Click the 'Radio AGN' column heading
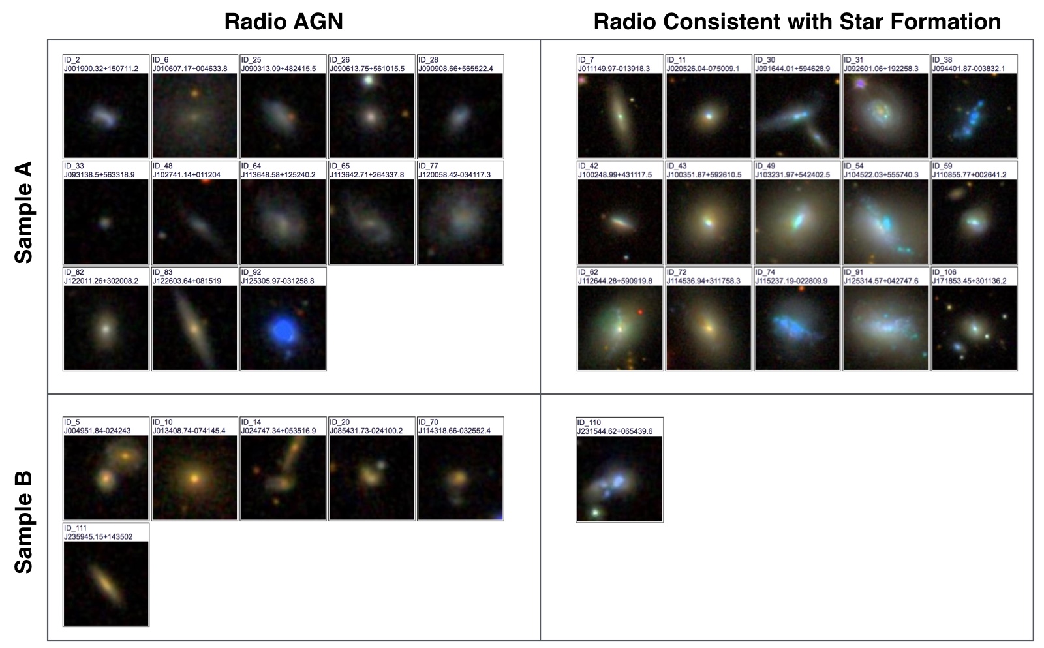[x=283, y=22]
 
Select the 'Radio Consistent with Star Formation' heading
[x=797, y=22]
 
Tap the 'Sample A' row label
[x=23, y=212]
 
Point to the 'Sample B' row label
[x=23, y=521]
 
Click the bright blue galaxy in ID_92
[x=283, y=332]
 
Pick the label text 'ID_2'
[x=72, y=60]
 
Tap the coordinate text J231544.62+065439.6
[x=615, y=431]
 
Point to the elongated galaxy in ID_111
[x=106, y=583]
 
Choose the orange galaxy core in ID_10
[x=194, y=478]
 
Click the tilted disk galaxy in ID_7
[x=619, y=115]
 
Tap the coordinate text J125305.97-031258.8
[x=278, y=281]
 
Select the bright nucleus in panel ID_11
[x=709, y=116]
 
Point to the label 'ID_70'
[x=428, y=422]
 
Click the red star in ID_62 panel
[x=641, y=312]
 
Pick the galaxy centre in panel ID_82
[x=106, y=329]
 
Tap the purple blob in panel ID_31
[x=860, y=84]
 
